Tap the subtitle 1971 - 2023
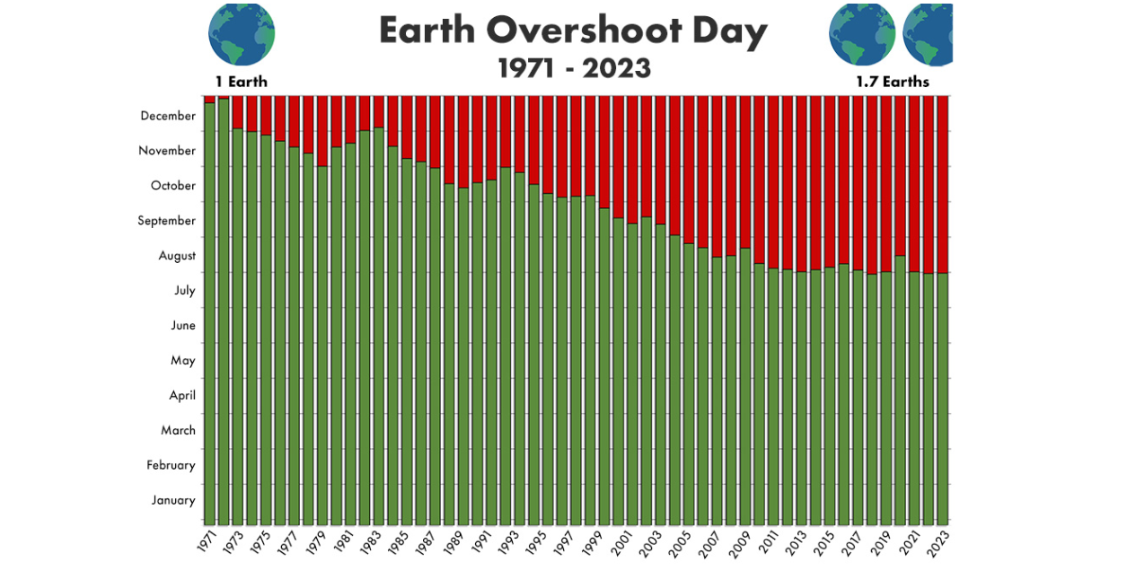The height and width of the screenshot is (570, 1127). tap(575, 68)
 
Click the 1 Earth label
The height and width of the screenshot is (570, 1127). tap(241, 82)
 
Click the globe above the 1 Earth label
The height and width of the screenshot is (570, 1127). tap(242, 33)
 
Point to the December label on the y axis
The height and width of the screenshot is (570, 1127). tap(168, 116)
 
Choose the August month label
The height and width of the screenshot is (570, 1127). tap(177, 256)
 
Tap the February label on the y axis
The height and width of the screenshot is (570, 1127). tap(172, 465)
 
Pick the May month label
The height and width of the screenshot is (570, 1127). tap(182, 361)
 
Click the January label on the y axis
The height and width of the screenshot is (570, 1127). tap(173, 500)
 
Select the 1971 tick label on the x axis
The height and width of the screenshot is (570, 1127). tap(207, 541)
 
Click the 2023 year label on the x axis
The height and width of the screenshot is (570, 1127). tap(940, 541)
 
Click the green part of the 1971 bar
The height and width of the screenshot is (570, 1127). tap(209, 314)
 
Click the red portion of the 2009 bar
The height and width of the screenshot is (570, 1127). tap(744, 171)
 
